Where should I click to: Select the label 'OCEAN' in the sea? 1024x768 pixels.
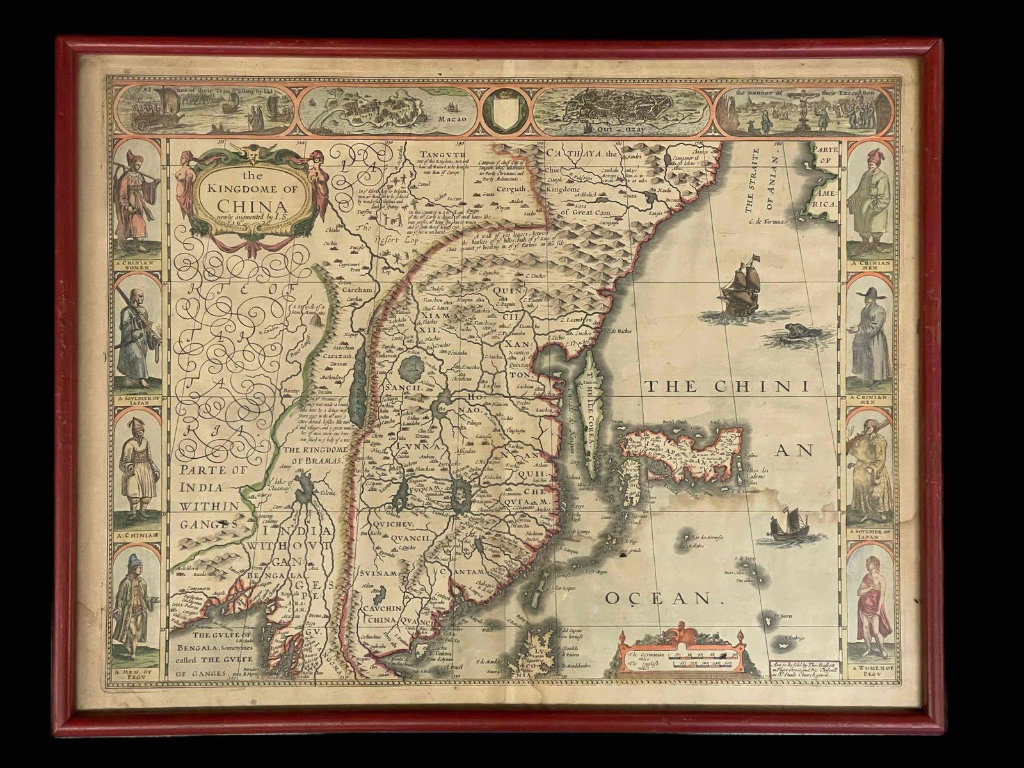click(659, 598)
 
